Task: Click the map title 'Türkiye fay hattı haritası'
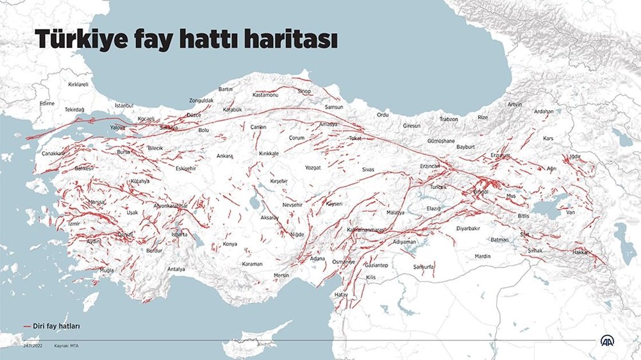coord(185,40)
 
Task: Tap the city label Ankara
coord(224,156)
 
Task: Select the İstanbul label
coord(124,104)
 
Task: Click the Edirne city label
coord(47,103)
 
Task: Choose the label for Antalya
coord(176,269)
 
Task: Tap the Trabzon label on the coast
coord(449,119)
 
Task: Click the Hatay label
coord(341,294)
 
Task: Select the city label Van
coord(570,212)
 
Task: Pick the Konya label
coord(229,244)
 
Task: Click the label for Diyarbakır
coord(468,227)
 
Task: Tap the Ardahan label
coord(544,111)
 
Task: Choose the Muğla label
coord(106,270)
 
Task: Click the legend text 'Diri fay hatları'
coord(57,326)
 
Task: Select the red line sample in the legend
coord(28,326)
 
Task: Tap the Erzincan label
coord(429,166)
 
